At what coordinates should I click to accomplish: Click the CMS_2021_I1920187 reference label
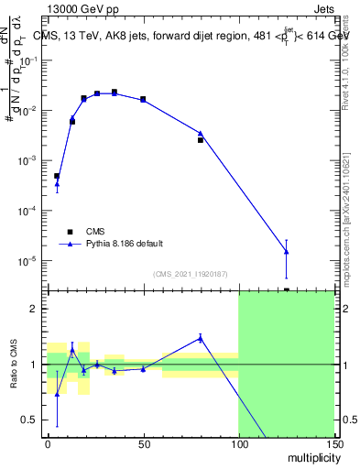coord(191,274)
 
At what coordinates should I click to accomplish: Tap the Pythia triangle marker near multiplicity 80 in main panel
coord(201,134)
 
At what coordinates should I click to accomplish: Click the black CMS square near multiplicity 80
coord(201,140)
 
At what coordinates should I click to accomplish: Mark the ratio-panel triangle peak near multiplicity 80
coord(201,338)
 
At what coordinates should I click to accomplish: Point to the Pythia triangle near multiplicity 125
coord(287,252)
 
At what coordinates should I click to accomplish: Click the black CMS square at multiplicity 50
coord(143,99)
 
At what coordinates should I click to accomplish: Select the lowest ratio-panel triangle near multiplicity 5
coord(57,395)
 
